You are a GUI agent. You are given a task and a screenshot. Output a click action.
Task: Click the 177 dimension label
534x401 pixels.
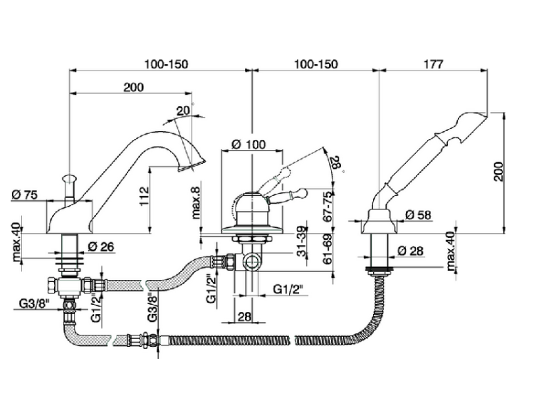point(433,63)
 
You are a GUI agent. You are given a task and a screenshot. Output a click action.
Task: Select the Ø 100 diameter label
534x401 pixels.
point(248,145)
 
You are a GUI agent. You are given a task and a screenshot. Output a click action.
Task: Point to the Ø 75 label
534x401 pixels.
point(24,194)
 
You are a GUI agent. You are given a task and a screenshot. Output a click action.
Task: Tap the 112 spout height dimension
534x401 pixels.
point(145,197)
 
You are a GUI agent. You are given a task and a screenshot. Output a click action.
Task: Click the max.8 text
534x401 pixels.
point(197,200)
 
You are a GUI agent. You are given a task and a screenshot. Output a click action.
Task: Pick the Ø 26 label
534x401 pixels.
point(100,246)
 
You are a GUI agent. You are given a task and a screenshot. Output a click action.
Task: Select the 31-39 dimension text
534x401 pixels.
point(300,241)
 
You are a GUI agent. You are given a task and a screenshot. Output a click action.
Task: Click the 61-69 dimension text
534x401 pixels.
point(328,249)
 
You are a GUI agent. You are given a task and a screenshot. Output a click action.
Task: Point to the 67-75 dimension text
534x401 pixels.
point(328,207)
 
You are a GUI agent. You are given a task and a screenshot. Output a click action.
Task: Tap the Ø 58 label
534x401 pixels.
point(418,214)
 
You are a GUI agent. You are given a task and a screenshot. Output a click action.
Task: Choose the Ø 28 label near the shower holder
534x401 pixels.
point(410,251)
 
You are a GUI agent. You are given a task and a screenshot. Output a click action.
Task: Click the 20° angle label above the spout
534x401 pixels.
point(184,110)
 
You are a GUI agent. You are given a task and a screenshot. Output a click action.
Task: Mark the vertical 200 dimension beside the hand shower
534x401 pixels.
point(498,172)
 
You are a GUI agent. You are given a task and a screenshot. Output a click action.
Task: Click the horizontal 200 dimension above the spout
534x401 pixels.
point(134,87)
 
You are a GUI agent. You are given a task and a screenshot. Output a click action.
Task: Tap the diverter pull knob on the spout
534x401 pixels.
point(69,178)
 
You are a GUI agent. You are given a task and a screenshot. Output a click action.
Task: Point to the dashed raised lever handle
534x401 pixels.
point(274,178)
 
